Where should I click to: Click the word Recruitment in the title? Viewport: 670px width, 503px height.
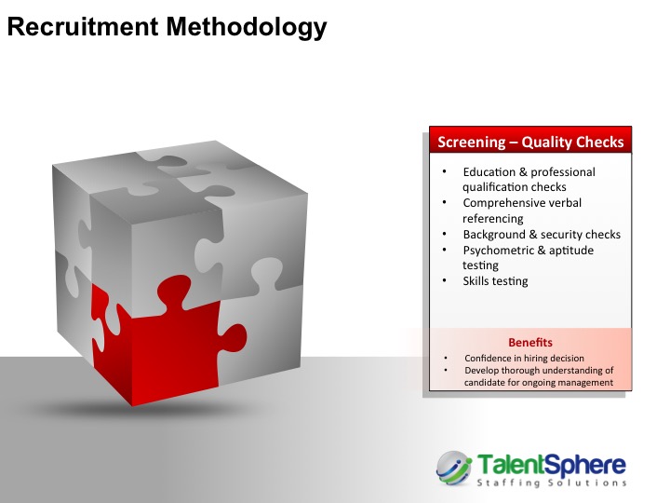(84, 26)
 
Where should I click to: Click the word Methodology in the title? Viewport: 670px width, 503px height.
(247, 28)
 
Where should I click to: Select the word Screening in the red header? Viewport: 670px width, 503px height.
(471, 143)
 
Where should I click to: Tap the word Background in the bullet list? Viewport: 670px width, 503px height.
(494, 235)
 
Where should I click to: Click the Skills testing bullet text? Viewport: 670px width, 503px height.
(496, 281)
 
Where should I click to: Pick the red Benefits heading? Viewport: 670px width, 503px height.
(530, 342)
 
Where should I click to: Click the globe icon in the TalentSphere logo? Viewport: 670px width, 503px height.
(454, 469)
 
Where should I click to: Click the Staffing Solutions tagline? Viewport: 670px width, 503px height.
(552, 483)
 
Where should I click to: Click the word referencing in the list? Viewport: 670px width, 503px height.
(493, 219)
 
